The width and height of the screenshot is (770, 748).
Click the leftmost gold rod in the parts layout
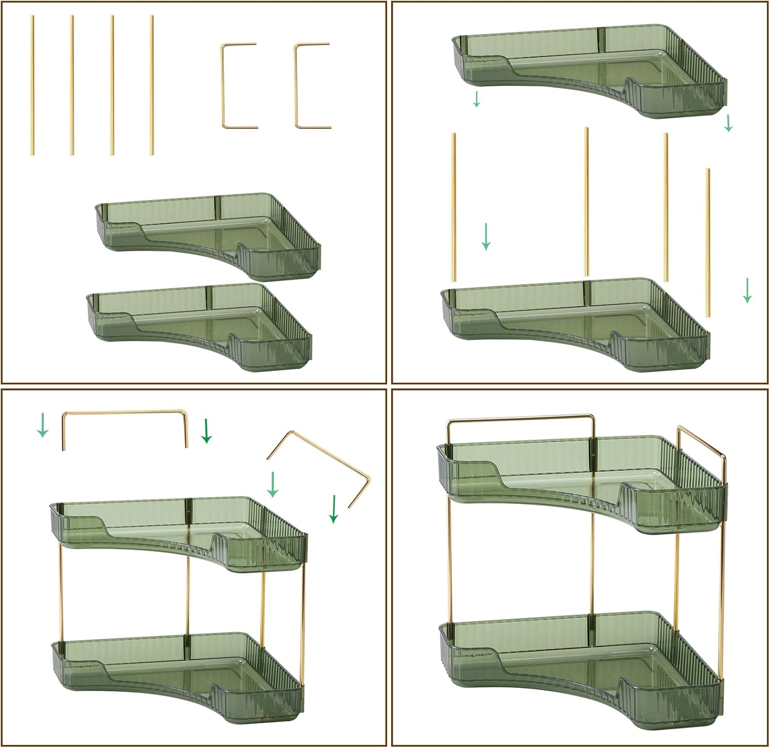click(32, 85)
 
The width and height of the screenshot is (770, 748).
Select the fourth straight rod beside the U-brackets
click(151, 85)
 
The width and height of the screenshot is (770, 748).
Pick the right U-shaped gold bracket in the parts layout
click(311, 85)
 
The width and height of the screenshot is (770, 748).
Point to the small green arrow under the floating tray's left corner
click(476, 99)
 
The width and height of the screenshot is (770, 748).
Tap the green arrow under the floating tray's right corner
click(728, 123)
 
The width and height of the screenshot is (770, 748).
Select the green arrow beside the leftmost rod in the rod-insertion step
click(486, 236)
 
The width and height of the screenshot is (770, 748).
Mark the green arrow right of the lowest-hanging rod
click(747, 290)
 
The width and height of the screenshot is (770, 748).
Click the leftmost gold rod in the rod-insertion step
click(454, 208)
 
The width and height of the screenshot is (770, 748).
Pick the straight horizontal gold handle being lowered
click(125, 412)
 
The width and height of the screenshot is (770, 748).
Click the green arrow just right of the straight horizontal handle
click(206, 431)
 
